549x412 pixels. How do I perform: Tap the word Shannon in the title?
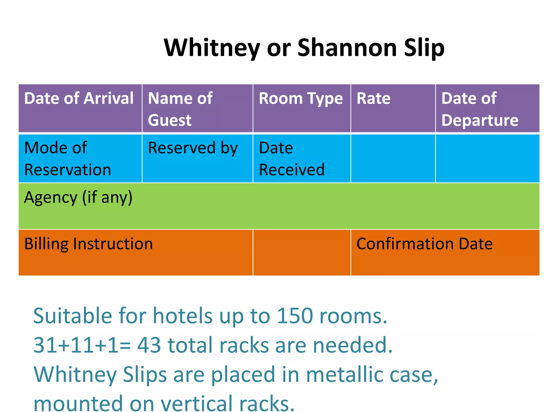coord(347,48)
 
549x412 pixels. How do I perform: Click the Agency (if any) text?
coord(78,198)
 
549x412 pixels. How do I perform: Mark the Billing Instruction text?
coord(88,244)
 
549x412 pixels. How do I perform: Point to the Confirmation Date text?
coord(425,244)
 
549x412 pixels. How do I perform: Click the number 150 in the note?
coord(295,316)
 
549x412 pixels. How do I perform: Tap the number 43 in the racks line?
coord(149,345)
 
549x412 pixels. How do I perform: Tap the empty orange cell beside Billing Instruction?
coord(302,252)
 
